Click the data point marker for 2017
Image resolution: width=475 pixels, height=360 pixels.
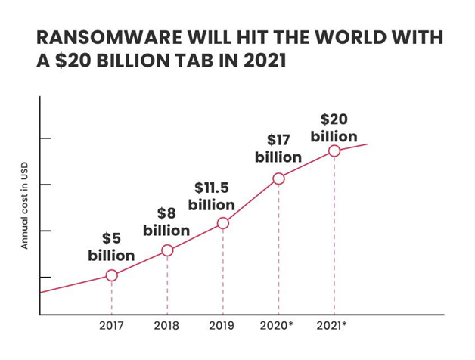pos(111,275)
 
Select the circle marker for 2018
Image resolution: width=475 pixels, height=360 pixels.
pos(167,250)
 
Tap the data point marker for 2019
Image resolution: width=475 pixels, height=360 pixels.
pos(223,223)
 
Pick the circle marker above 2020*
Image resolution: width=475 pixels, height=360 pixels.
pos(278,178)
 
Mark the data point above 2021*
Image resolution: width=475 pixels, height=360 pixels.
pos(334,151)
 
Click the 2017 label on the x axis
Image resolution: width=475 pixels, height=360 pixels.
pos(111,327)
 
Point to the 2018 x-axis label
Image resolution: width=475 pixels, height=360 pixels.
pos(166,327)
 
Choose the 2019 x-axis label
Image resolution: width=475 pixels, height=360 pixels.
pos(222,327)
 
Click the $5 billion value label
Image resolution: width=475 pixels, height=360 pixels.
pos(111,247)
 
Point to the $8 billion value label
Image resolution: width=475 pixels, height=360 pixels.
pos(166,222)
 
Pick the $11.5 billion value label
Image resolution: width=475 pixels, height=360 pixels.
pos(212,196)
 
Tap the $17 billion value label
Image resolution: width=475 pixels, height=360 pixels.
pos(278,149)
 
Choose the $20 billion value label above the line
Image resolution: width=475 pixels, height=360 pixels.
pos(334,128)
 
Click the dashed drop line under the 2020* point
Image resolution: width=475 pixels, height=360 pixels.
pos(278,250)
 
